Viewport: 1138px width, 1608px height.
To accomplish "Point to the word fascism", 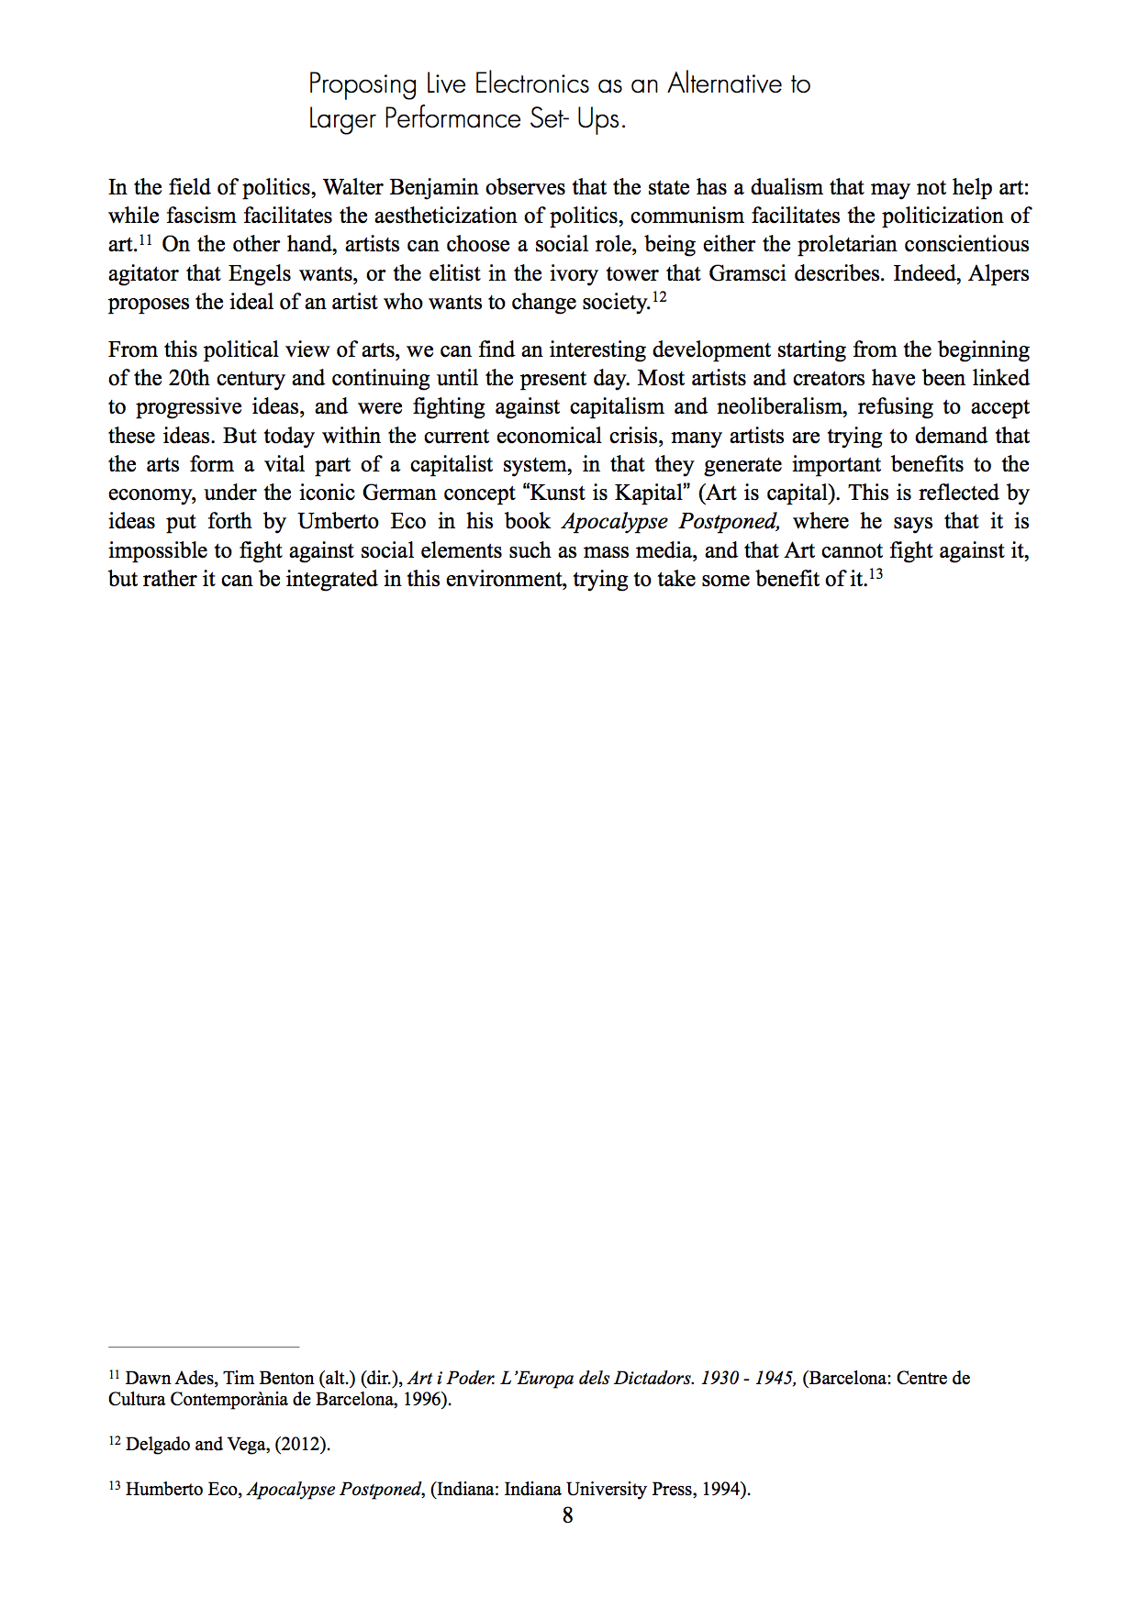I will pos(200,216).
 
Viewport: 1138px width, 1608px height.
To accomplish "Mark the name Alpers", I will pos(999,273).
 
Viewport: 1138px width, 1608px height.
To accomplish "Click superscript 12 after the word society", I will pos(658,297).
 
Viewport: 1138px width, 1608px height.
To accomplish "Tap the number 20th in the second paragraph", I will pos(188,378).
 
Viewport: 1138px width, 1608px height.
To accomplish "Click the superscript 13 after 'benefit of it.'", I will pos(876,574).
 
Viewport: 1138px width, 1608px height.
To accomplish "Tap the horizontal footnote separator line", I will pos(204,1347).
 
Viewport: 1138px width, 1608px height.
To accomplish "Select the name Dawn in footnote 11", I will pos(148,1378).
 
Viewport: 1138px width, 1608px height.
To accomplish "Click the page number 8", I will pos(568,1515).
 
